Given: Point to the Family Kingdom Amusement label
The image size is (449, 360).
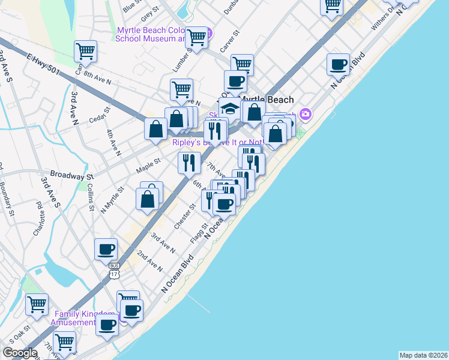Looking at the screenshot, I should click(x=84, y=318).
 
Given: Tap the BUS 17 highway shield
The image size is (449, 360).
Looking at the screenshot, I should click(x=113, y=269).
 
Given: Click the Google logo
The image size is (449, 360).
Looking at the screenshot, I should click(x=20, y=353).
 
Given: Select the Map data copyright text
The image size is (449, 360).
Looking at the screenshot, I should click(x=423, y=355).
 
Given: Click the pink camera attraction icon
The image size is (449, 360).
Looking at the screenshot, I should click(x=306, y=113).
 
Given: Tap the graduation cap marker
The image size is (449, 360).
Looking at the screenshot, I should click(x=229, y=109).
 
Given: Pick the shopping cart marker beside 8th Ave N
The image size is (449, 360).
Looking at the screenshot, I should click(x=86, y=51).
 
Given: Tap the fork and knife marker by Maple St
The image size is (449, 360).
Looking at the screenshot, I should click(x=189, y=161).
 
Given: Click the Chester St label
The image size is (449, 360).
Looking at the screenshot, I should click(x=185, y=216).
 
